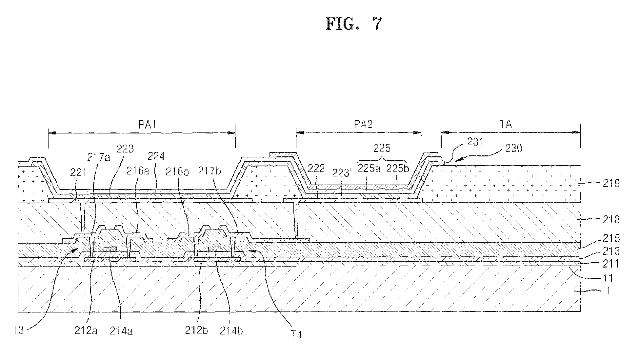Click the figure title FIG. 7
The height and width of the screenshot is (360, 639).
pyautogui.click(x=354, y=24)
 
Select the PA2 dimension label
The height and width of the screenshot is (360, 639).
pyautogui.click(x=363, y=124)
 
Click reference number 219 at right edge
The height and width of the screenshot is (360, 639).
pyautogui.click(x=611, y=183)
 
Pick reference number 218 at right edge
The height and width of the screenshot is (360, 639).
pyautogui.click(x=611, y=219)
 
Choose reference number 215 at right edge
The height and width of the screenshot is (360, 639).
pyautogui.click(x=611, y=238)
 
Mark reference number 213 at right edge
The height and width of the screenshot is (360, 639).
pyautogui.click(x=611, y=251)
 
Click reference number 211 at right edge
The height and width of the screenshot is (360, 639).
pyautogui.click(x=611, y=264)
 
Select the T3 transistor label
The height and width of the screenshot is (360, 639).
pyautogui.click(x=19, y=330)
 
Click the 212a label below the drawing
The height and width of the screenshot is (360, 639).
pyautogui.click(x=86, y=331)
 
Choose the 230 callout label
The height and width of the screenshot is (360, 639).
pyautogui.click(x=513, y=148)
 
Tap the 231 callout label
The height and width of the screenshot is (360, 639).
pyautogui.click(x=475, y=142)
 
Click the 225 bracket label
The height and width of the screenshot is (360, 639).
pyautogui.click(x=382, y=148)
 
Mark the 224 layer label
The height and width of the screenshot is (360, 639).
pyautogui.click(x=156, y=156)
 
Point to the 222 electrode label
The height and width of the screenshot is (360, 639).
pyautogui.click(x=316, y=169)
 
